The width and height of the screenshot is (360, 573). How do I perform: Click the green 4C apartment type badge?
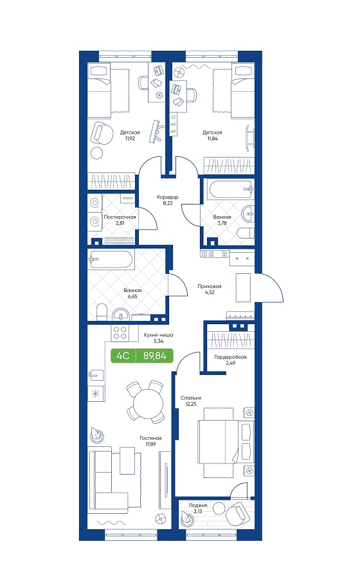pyautogui.click(x=123, y=355)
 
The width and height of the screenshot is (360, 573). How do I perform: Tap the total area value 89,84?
pyautogui.click(x=154, y=355)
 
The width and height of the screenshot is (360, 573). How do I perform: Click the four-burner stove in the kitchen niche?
pyautogui.click(x=120, y=332)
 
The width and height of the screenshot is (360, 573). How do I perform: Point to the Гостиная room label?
pyautogui.click(x=150, y=438)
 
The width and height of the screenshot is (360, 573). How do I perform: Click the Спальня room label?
pyautogui.click(x=191, y=398)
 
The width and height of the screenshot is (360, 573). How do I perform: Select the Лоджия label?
pyautogui.click(x=198, y=505)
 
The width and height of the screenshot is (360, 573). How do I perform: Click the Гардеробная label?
pyautogui.click(x=230, y=357)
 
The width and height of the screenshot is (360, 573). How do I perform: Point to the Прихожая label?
pyautogui.click(x=210, y=287)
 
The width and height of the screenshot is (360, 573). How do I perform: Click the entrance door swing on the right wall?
pyautogui.click(x=269, y=287)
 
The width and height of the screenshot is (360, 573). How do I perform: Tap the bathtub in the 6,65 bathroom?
pyautogui.click(x=111, y=259)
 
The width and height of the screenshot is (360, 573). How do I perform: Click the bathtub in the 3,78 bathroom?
pyautogui.click(x=231, y=188)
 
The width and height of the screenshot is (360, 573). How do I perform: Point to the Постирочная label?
pyautogui.click(x=120, y=217)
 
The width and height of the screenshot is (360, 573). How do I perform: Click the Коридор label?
pyautogui.click(x=168, y=197)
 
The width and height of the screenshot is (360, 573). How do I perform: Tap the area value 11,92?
pyautogui.click(x=130, y=138)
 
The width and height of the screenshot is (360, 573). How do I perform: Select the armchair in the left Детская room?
pyautogui.click(x=102, y=133)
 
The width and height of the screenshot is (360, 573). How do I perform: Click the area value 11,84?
pyautogui.click(x=212, y=138)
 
